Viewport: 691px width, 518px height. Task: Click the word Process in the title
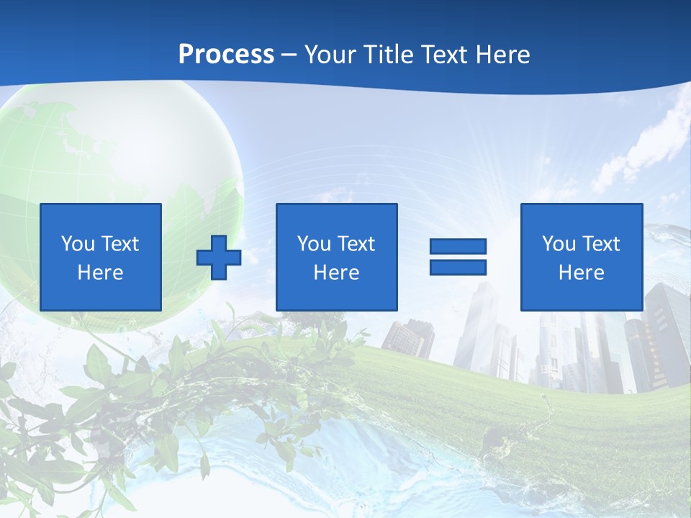coord(226,55)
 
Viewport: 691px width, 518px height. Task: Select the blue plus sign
coord(219,258)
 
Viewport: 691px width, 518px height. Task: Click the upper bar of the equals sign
coord(458,246)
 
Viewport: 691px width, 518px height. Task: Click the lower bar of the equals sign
coord(458,268)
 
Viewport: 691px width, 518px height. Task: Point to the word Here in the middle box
coord(337,273)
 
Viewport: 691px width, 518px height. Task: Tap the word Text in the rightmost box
coord(601,244)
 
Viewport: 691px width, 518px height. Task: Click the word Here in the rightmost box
coord(582,273)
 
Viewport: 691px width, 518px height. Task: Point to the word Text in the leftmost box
coord(120,244)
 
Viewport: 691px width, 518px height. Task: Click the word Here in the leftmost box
coord(101,273)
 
